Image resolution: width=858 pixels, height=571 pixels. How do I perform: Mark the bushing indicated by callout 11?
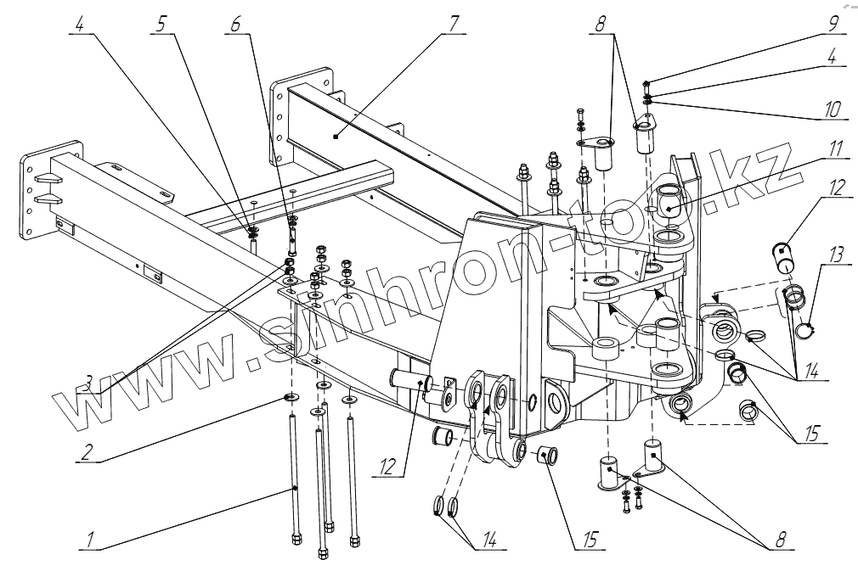coord(669,204)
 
